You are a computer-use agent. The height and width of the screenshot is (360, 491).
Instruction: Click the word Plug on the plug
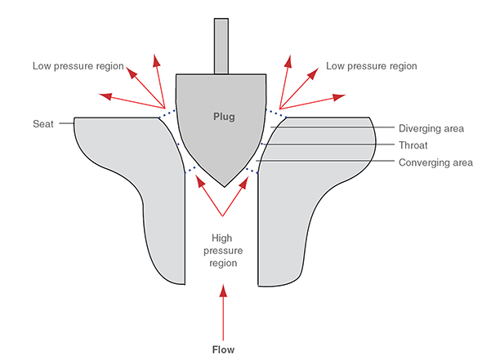click(x=222, y=117)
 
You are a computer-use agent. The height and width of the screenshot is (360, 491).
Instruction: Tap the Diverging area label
click(x=431, y=128)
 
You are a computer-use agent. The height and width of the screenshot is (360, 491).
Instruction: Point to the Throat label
click(x=413, y=145)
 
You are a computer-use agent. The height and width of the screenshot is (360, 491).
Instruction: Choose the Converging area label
click(x=435, y=162)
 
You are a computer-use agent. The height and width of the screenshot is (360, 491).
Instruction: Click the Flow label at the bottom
click(x=222, y=349)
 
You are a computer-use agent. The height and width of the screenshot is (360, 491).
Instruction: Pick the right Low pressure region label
click(x=371, y=65)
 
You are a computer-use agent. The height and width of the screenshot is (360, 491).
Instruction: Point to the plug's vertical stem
click(x=222, y=45)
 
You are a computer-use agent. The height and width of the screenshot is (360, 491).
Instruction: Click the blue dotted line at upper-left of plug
click(x=168, y=114)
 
